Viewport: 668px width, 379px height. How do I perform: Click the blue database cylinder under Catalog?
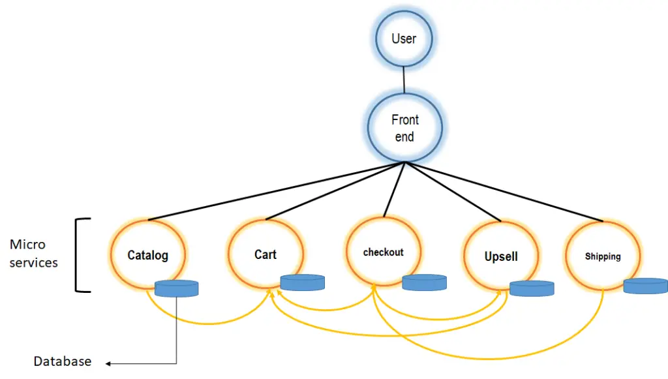[x=176, y=288]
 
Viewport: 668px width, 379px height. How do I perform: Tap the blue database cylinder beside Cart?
[x=303, y=282]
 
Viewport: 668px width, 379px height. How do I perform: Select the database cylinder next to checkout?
[x=424, y=282]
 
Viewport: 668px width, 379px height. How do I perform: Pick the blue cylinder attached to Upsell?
[x=532, y=288]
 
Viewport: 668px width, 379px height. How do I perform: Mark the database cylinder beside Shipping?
[x=646, y=286]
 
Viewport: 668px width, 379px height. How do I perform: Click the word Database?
[x=63, y=361]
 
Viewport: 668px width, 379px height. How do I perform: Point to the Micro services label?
[x=34, y=253]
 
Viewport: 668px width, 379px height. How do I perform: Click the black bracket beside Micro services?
[x=76, y=255]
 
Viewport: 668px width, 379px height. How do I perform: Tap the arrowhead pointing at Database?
[x=108, y=363]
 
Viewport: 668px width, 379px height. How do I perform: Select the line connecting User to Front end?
[x=404, y=80]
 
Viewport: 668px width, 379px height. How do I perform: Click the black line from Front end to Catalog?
[x=277, y=191]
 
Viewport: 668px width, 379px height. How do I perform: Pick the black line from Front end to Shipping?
[x=504, y=192]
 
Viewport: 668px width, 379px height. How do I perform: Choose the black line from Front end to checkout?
[x=394, y=189]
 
